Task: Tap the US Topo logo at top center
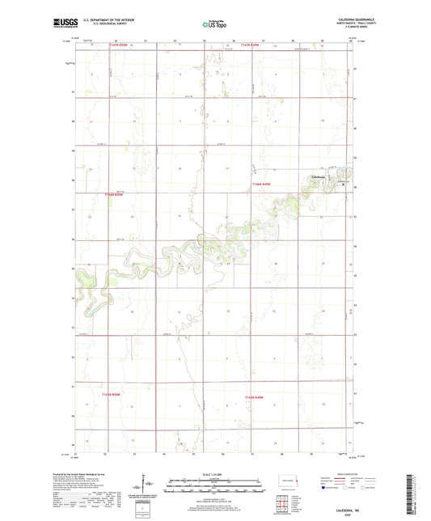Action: pyautogui.click(x=213, y=24)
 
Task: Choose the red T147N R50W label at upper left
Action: pyautogui.click(x=119, y=45)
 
